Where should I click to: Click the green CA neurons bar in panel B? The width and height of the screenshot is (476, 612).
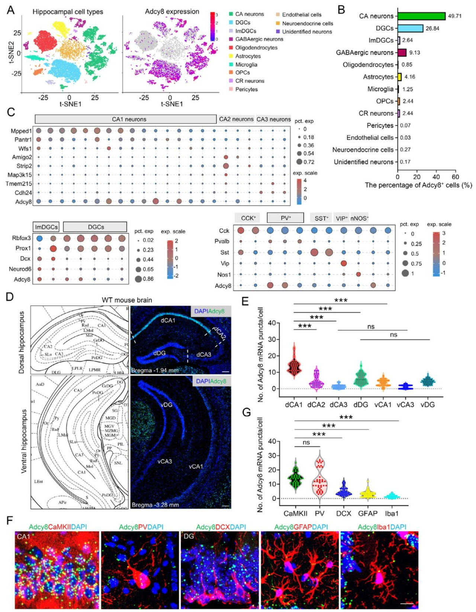pyautogui.click(x=421, y=16)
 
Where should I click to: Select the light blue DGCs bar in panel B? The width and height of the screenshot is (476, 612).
pyautogui.click(x=410, y=28)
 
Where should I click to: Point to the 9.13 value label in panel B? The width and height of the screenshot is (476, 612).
pyautogui.click(x=415, y=52)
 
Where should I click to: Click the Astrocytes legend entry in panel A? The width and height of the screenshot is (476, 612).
pyautogui.click(x=248, y=56)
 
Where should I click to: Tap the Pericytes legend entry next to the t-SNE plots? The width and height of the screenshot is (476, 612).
pyautogui.click(x=246, y=89)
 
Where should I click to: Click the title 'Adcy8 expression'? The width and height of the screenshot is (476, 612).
pyautogui.click(x=172, y=12)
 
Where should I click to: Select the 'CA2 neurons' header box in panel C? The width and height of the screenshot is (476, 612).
pyautogui.click(x=236, y=119)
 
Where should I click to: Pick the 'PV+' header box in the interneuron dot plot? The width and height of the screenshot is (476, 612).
pyautogui.click(x=285, y=218)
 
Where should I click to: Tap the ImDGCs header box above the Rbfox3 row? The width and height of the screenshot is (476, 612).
pyautogui.click(x=46, y=227)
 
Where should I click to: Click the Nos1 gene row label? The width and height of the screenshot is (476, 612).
pyautogui.click(x=224, y=275)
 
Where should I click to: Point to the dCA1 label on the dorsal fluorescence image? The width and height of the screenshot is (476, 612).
pyautogui.click(x=168, y=320)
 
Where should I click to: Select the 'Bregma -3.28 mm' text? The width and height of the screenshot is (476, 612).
pyautogui.click(x=155, y=505)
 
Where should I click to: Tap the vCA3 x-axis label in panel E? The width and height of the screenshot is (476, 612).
pyautogui.click(x=405, y=405)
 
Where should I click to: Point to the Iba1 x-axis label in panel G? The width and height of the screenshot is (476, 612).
pyautogui.click(x=392, y=513)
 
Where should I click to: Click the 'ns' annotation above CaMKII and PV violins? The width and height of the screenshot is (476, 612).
pyautogui.click(x=306, y=442)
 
